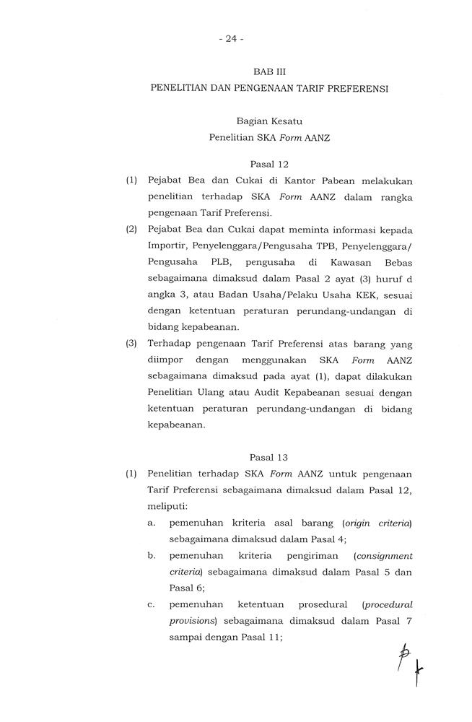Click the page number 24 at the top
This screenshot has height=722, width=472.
click(230, 39)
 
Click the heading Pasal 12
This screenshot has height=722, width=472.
click(268, 164)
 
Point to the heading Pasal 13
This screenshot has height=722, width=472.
click(268, 457)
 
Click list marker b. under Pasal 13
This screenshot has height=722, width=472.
click(152, 555)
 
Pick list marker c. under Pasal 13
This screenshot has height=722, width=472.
click(152, 603)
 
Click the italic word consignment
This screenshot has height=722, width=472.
click(384, 556)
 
